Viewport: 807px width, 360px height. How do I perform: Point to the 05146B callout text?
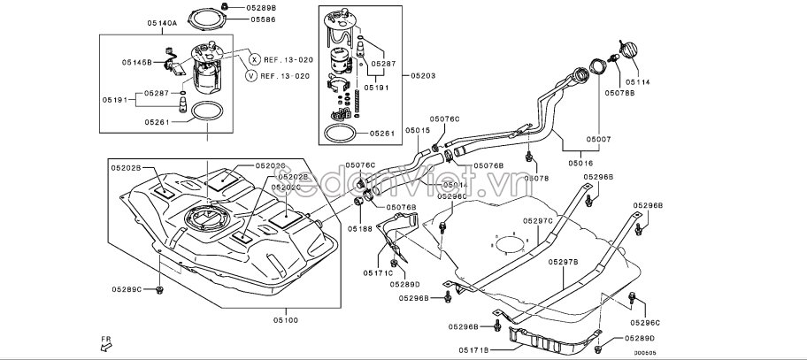click(x=137, y=63)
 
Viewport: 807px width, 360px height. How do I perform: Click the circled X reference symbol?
click(x=254, y=59)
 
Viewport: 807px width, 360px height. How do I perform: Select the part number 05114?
click(x=637, y=81)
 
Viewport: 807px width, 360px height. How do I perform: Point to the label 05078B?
click(x=619, y=91)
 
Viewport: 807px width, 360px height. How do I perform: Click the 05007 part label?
click(x=597, y=140)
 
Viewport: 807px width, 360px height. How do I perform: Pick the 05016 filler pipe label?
click(x=580, y=163)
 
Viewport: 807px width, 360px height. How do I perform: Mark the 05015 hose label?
click(x=418, y=131)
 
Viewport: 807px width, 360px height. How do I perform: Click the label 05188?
click(x=360, y=228)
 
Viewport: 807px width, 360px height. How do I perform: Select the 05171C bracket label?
click(x=377, y=273)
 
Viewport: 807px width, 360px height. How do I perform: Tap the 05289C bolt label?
click(x=127, y=289)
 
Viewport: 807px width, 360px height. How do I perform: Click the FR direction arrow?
click(x=105, y=344)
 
